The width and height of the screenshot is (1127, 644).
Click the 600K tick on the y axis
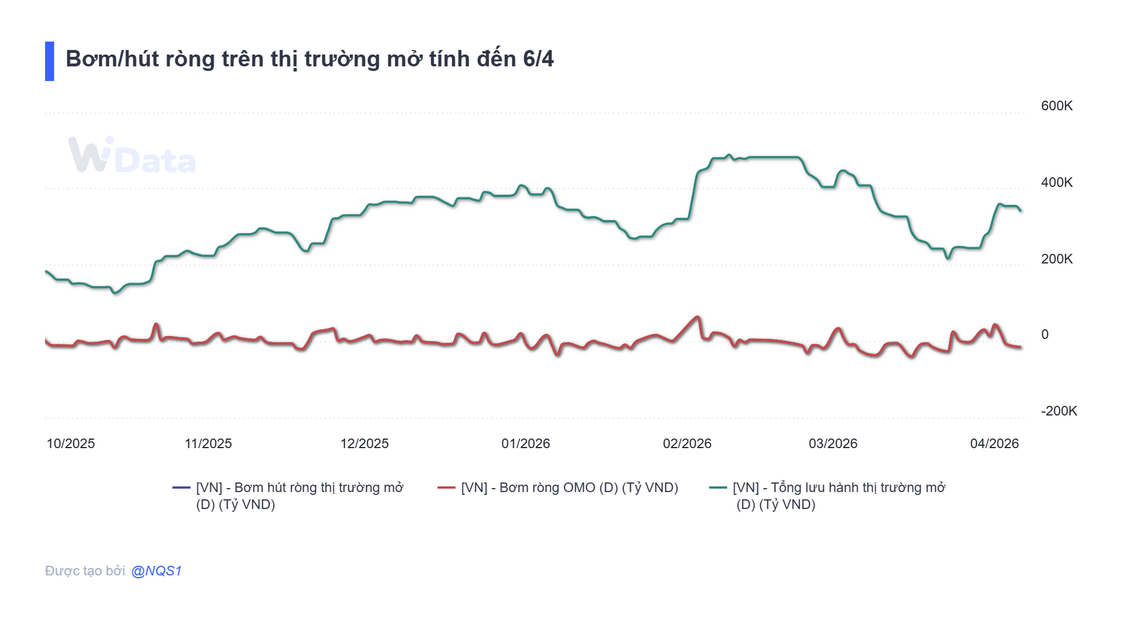[x=1056, y=106]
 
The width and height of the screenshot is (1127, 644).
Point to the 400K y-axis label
[x=1056, y=182]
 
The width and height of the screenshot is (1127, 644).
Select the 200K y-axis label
[x=1056, y=259]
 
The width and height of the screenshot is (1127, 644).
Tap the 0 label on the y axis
[x=1044, y=334]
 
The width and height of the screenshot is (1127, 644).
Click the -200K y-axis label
[x=1058, y=411]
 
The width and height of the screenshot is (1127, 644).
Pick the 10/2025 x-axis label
[x=70, y=443]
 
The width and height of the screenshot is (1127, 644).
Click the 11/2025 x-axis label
[x=208, y=443]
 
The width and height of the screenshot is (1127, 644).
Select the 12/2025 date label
[x=364, y=443]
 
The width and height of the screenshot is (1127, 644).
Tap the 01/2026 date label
[x=525, y=443]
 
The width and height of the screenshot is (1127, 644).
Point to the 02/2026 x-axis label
[x=687, y=443]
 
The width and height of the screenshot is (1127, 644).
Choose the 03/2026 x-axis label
[x=832, y=443]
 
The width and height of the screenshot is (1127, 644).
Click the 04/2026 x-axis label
[x=994, y=443]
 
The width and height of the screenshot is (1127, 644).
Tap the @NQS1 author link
[x=156, y=571]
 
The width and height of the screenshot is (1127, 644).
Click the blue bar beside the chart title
[x=49, y=61]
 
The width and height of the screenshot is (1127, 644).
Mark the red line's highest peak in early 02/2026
[x=697, y=317]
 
